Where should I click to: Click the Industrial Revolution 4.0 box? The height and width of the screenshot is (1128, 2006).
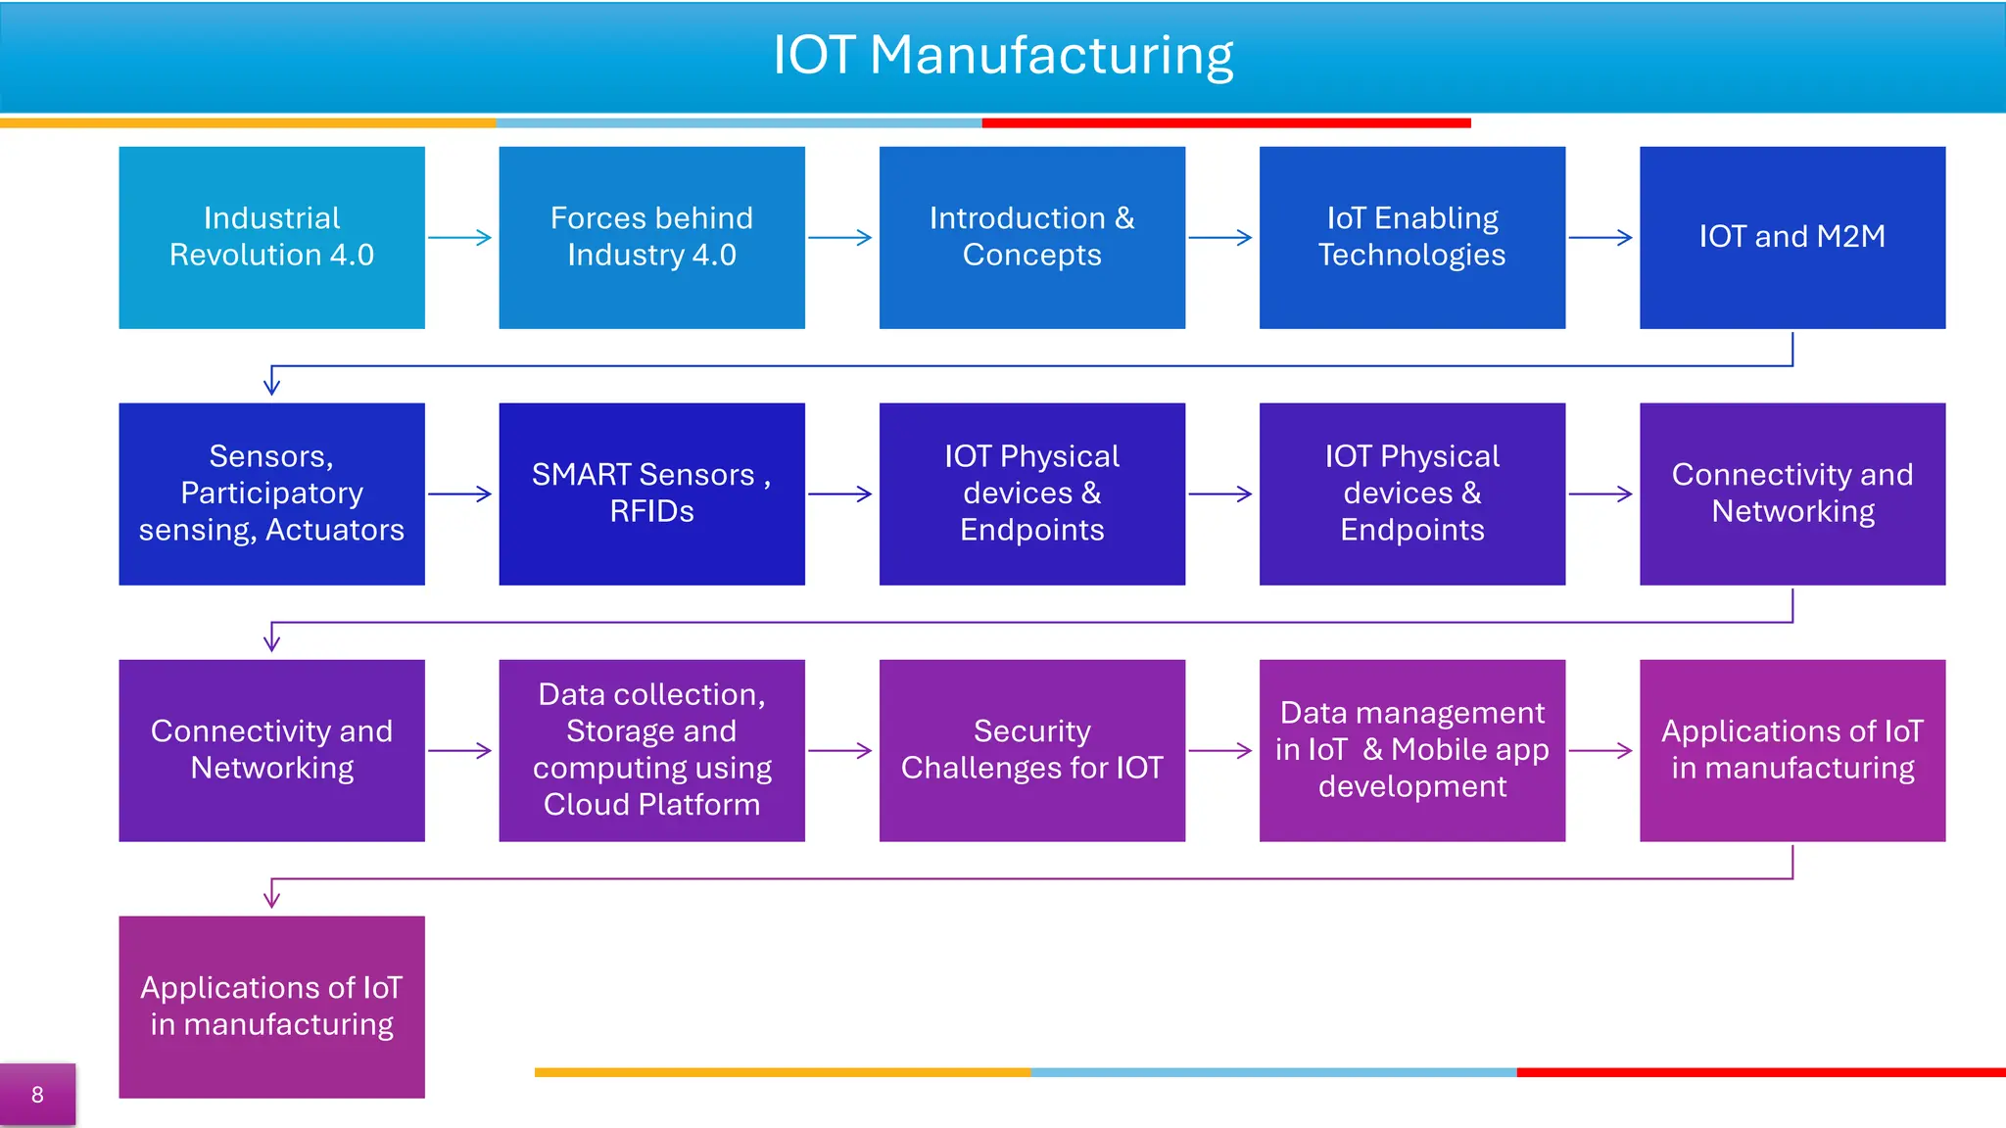[x=271, y=237]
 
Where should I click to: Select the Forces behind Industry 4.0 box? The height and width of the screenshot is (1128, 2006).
[x=651, y=237]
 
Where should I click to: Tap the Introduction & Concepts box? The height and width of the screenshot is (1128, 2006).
[x=1031, y=237]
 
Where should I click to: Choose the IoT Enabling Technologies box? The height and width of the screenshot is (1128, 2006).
[x=1411, y=237]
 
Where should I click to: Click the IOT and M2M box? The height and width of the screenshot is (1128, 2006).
[x=1791, y=237]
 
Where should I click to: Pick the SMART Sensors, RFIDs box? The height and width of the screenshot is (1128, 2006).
[x=651, y=493]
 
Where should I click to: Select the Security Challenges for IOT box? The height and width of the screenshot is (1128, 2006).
[x=1031, y=750]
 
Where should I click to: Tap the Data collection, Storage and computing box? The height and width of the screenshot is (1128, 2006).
[x=651, y=750]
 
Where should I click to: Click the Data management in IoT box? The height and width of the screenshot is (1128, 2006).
[x=1411, y=750]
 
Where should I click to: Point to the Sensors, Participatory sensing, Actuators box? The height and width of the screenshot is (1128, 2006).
[x=271, y=493]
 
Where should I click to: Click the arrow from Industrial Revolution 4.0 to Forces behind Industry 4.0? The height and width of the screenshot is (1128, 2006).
[x=460, y=237]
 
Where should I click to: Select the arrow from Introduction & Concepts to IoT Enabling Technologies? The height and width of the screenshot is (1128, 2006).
[x=1220, y=237]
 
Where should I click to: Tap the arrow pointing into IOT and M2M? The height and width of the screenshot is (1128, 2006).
[x=1600, y=237]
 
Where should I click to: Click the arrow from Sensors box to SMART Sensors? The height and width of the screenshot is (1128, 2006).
[x=460, y=493]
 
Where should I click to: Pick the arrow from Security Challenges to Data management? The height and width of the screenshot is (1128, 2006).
[x=1220, y=751]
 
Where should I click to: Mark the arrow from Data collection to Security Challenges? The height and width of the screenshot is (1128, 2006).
[x=840, y=751]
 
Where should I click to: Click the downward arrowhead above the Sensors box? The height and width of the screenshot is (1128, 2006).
[x=272, y=384]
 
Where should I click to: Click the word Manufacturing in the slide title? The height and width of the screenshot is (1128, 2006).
[x=1051, y=55]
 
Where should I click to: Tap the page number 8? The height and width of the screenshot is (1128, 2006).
[x=37, y=1095]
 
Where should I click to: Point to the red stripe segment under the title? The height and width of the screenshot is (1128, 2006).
[x=1226, y=123]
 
